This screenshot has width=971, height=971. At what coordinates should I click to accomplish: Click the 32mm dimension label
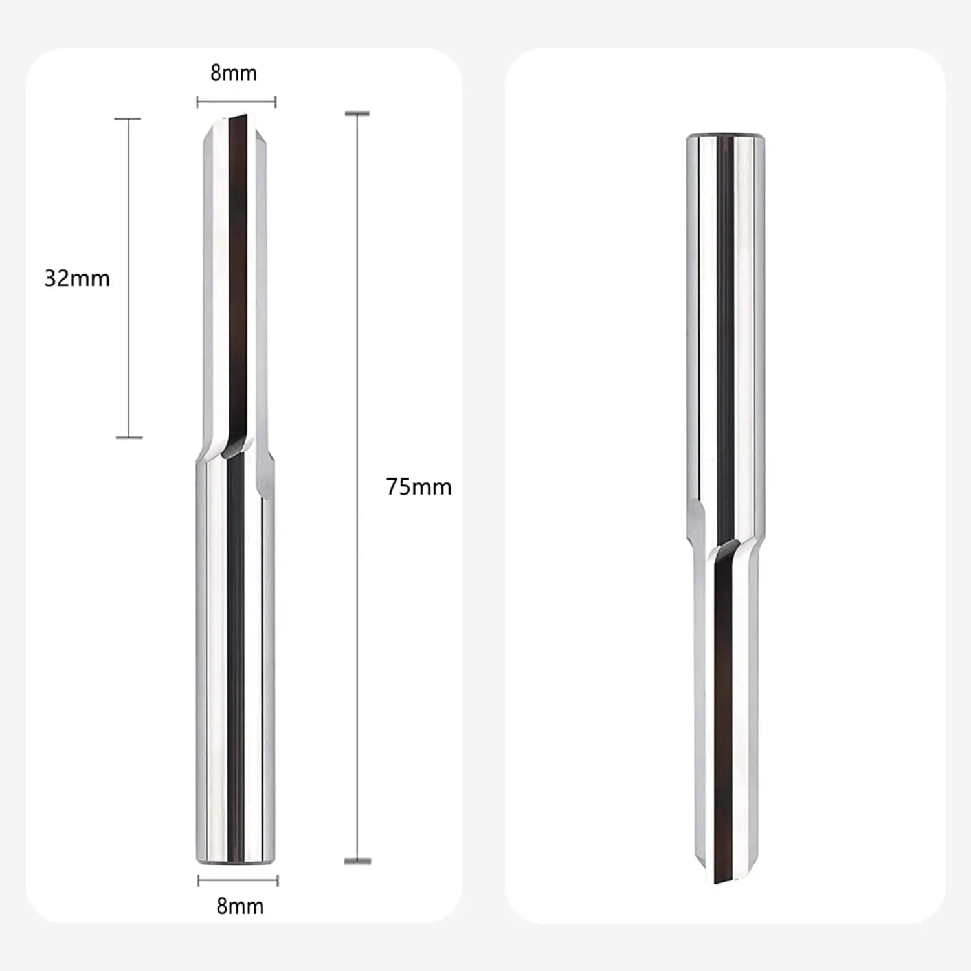77,278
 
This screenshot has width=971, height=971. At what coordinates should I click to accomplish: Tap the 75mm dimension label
419,487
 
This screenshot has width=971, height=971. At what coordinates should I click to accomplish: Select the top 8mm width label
234,73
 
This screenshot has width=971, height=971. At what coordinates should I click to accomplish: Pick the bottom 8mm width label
240,906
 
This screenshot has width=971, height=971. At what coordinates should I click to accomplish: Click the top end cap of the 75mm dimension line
357,114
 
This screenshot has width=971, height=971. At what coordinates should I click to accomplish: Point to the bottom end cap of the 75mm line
357,860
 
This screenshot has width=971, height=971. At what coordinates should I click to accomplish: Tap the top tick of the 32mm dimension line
128,119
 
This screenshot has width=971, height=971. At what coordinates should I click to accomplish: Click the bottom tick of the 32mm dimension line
129,438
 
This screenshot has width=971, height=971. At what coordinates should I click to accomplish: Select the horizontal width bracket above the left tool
236,102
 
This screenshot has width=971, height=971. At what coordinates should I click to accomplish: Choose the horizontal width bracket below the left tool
238,880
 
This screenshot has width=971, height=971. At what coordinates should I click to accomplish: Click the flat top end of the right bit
726,137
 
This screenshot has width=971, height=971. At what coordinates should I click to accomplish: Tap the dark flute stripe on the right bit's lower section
724,712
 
